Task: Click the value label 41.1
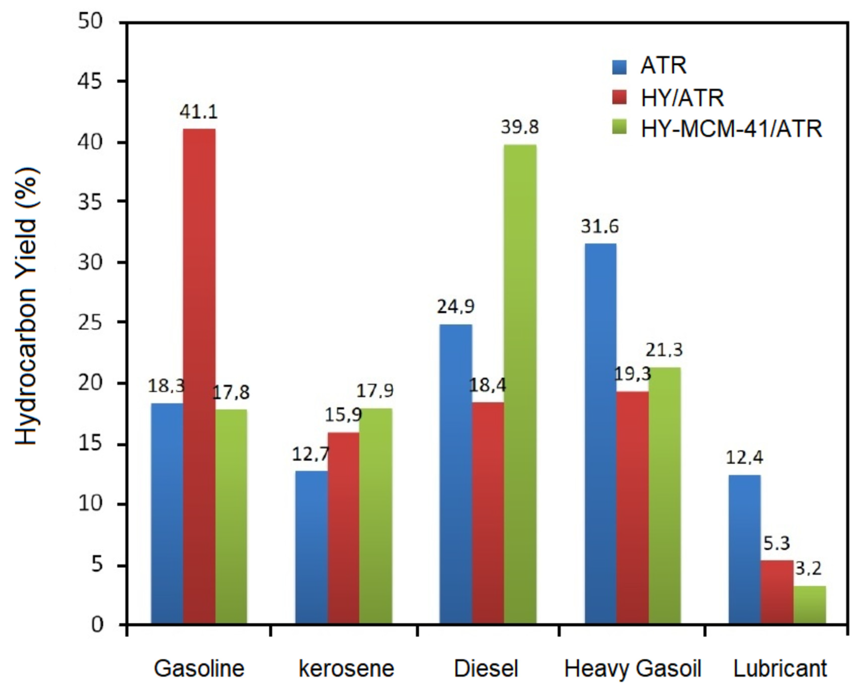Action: pyautogui.click(x=198, y=112)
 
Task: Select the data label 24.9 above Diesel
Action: pyautogui.click(x=456, y=307)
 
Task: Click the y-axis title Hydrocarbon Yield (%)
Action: pyautogui.click(x=27, y=307)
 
